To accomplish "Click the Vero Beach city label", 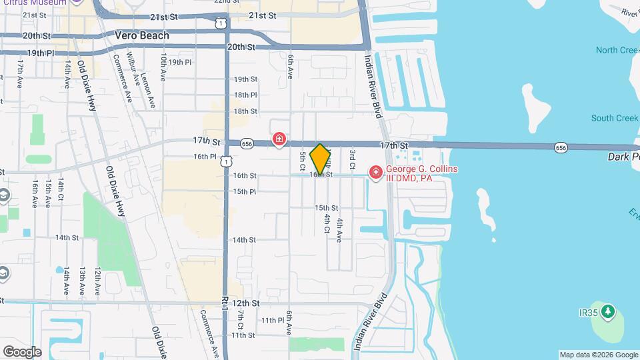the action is tap(142, 35).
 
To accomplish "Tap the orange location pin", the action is tap(321, 159).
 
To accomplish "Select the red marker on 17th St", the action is tap(279, 139).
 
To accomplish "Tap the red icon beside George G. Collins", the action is tap(375, 173).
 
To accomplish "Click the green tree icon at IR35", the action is tap(607, 311).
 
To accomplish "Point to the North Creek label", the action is tap(617, 51).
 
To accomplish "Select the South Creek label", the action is tap(615, 119).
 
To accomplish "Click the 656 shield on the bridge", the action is tap(560, 147).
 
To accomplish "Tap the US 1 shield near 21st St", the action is tap(220, 23).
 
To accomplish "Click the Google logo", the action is tap(22, 352).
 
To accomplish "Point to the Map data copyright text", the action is tap(599, 355).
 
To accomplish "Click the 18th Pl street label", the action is tap(245, 95).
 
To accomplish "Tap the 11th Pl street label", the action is tap(272, 321).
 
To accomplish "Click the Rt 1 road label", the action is tap(226, 302).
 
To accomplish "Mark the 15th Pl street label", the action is tap(245, 192).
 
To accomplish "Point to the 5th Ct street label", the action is tap(303, 160).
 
